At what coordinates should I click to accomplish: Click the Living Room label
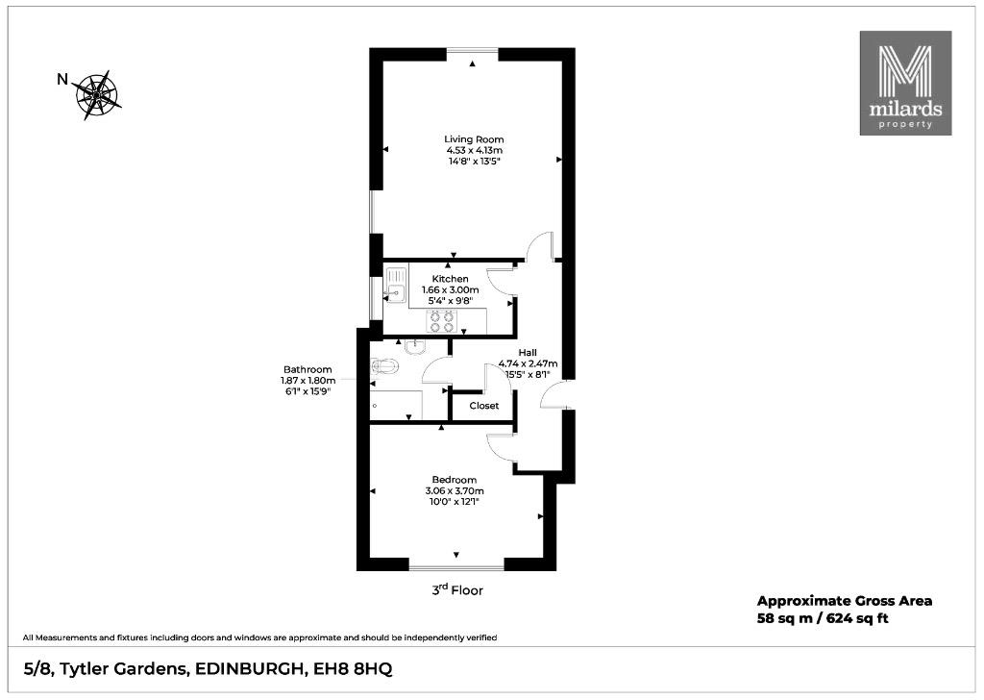tap(474, 139)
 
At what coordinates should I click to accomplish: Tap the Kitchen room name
tap(450, 279)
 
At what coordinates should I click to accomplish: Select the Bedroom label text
tap(455, 480)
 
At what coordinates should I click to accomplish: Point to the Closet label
tap(484, 406)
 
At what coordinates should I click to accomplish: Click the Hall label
tap(528, 353)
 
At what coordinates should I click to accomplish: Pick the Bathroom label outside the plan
tap(307, 370)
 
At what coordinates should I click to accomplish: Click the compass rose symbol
tap(98, 95)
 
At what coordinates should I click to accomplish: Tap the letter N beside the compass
tap(62, 79)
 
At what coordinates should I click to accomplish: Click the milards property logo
tap(905, 83)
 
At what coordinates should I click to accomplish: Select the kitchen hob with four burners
tap(440, 321)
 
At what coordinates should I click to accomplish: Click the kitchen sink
tap(395, 286)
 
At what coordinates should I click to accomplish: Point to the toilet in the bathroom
tap(382, 365)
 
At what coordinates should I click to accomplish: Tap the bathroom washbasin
tap(415, 346)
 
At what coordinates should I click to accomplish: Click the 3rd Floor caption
tap(457, 590)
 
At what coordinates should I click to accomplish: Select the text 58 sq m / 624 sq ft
tap(823, 618)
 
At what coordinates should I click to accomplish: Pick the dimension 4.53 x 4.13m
tap(474, 151)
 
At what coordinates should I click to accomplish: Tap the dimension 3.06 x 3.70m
tap(455, 491)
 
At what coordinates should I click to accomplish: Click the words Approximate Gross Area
tap(845, 601)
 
